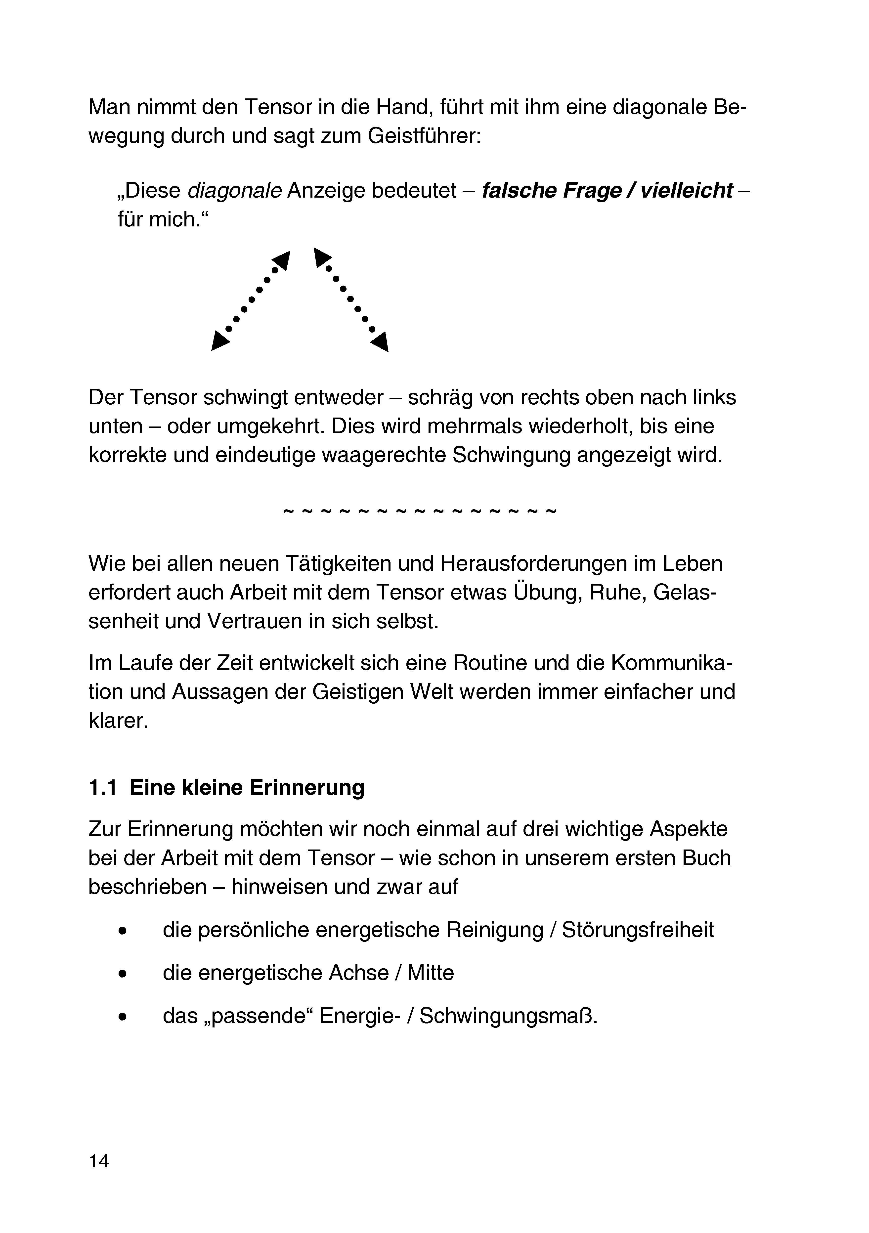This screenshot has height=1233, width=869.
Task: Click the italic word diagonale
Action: (234, 191)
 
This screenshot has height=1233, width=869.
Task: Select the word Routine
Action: (490, 663)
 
